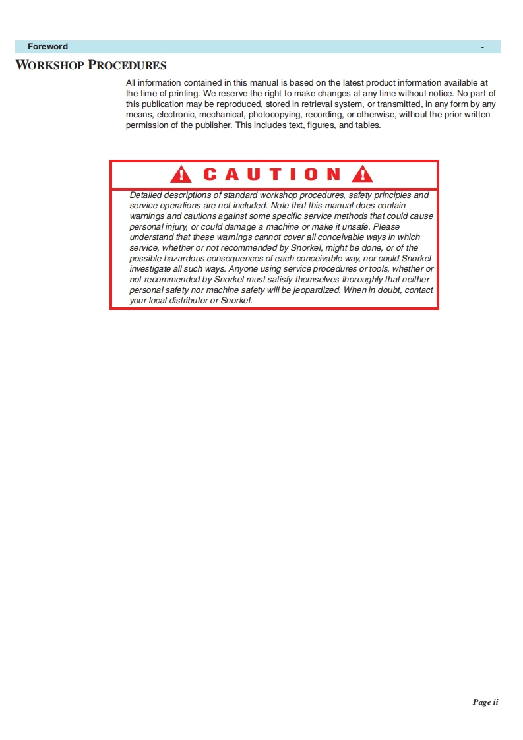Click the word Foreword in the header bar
coord(47,47)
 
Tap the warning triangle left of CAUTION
coord(181,174)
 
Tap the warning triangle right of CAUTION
coord(362,174)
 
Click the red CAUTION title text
coord(272,174)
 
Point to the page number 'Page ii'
coord(485,702)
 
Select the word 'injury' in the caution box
coord(174,227)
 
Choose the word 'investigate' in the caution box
coord(150,269)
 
